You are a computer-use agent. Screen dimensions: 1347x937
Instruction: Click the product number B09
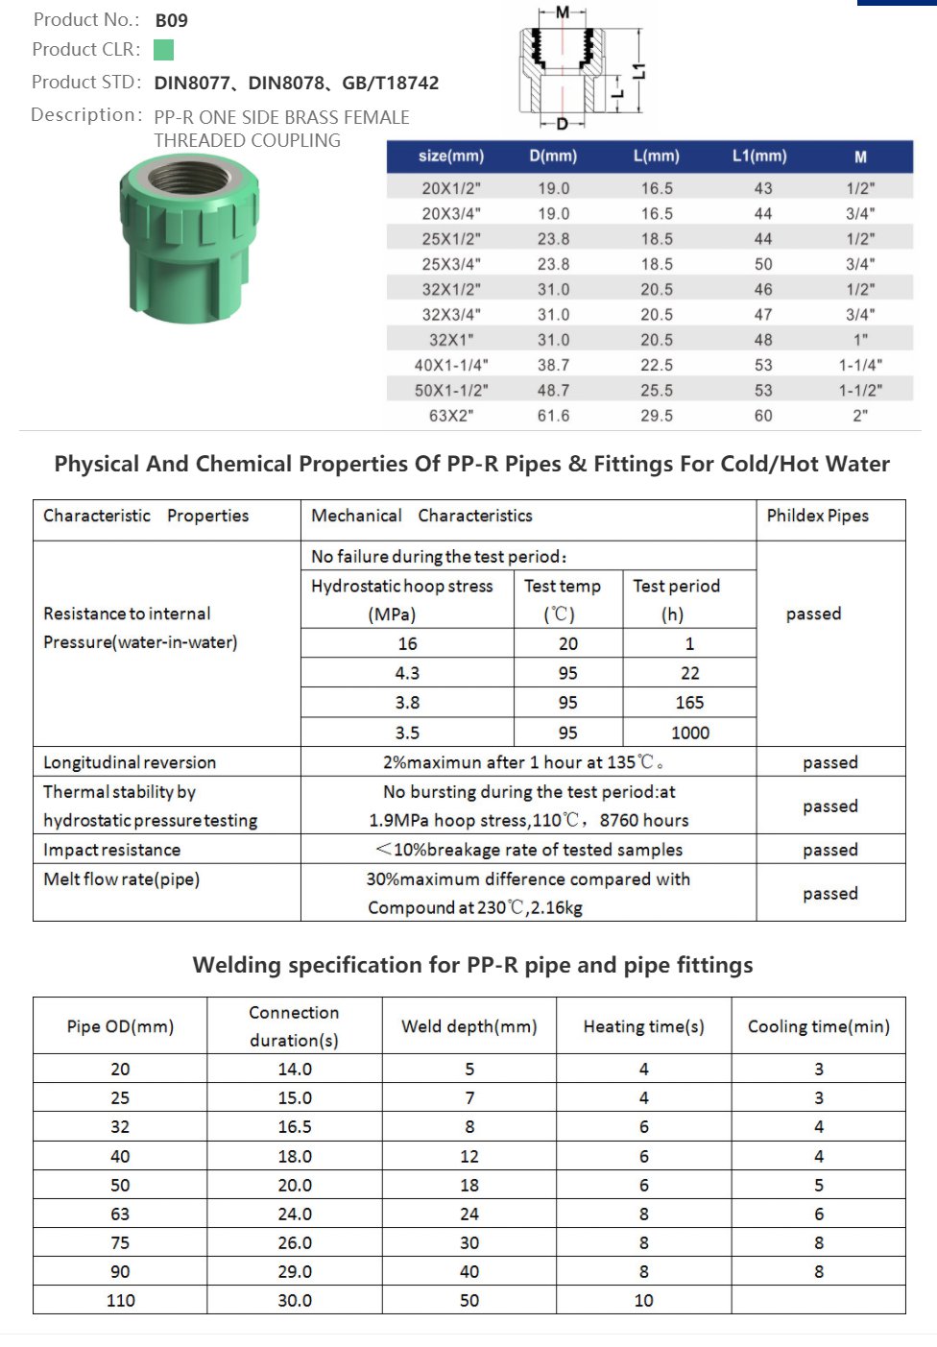coord(171,20)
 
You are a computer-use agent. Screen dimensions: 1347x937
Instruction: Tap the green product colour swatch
coord(164,50)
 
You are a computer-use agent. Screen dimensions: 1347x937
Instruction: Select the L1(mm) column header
coord(759,156)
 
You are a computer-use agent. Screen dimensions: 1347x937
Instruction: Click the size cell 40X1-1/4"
coord(451,365)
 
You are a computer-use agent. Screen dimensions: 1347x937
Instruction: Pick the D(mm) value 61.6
coord(553,416)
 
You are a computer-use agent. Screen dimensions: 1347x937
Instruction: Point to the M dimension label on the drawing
coord(563,12)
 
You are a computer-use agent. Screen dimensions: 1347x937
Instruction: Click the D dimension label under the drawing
coord(563,124)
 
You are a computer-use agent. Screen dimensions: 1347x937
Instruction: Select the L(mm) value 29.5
coord(657,416)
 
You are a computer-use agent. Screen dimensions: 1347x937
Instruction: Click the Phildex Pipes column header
coord(817,516)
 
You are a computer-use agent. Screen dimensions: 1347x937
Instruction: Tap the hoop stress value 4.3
coord(407,673)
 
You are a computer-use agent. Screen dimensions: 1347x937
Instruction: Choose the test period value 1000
coord(689,733)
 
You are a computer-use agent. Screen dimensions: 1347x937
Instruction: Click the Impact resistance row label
coord(111,850)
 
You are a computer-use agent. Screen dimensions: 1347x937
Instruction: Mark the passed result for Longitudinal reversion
coord(829,762)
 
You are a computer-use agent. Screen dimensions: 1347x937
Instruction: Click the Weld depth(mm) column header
coord(468,1026)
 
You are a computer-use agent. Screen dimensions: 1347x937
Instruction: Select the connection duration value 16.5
coord(294,1126)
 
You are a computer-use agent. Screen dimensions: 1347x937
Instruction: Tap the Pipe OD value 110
coord(120,1300)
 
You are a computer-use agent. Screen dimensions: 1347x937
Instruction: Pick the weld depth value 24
coord(468,1214)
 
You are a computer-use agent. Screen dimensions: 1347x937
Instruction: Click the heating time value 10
coord(643,1300)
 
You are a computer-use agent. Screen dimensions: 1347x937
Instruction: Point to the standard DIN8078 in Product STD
coord(286,84)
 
